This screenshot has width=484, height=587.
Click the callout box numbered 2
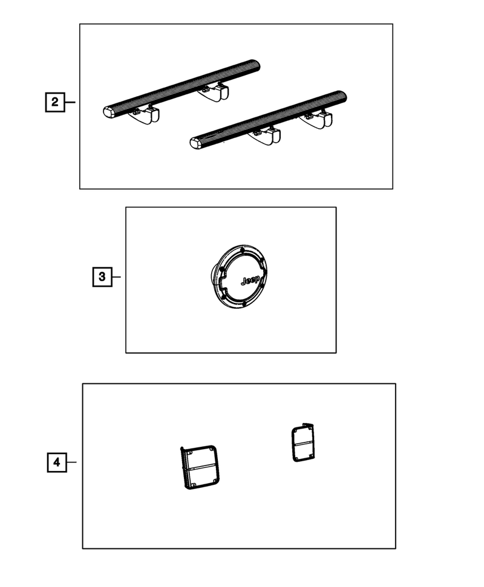[x=55, y=102]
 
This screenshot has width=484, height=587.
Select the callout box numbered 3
[x=102, y=277]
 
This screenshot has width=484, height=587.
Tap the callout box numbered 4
[x=57, y=462]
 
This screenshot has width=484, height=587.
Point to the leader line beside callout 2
[x=70, y=102]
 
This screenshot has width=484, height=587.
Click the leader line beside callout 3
[x=116, y=277]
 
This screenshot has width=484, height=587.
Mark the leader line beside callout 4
[x=71, y=462]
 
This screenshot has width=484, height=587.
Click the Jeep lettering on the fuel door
[x=250, y=280]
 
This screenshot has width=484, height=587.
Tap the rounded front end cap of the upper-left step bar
[x=109, y=112]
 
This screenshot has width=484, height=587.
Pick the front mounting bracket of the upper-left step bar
[x=145, y=115]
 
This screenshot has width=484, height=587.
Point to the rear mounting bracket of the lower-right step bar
[x=317, y=120]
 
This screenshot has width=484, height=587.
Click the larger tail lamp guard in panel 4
[x=199, y=467]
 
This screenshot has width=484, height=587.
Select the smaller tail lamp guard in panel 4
[x=303, y=443]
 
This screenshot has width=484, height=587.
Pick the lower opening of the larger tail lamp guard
[x=203, y=477]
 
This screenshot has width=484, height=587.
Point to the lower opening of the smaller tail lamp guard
[x=304, y=451]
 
